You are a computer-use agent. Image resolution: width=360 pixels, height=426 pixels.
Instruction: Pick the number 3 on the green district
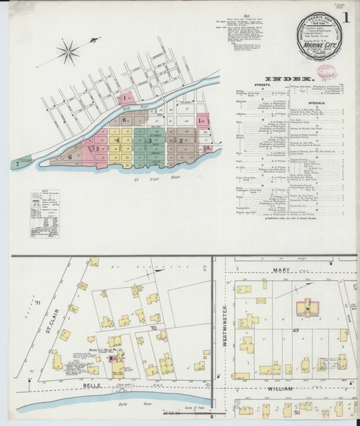pos(149,141)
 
